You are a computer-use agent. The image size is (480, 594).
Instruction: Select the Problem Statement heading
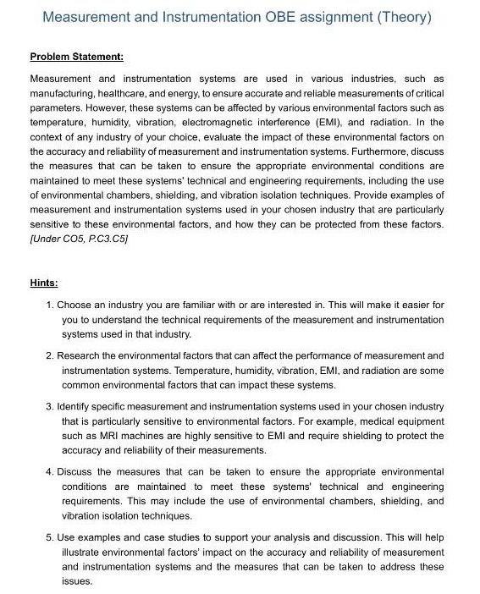point(77,57)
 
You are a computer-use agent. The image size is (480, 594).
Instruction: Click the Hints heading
point(44,283)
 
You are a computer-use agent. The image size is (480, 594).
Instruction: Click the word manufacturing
point(61,92)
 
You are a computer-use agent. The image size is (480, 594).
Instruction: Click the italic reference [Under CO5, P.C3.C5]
point(79,239)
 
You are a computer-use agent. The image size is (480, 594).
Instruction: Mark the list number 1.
point(50,305)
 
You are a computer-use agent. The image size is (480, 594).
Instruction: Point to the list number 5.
point(50,538)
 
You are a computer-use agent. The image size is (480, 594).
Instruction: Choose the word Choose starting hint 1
point(75,305)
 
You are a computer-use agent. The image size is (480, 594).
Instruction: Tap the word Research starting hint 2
point(80,356)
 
